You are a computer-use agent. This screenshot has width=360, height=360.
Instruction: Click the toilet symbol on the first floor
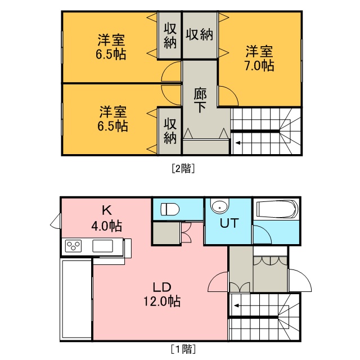pos(170,209)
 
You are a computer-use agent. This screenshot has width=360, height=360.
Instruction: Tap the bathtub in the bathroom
pos(277,209)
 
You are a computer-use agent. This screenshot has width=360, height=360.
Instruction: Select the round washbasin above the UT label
pos(220,206)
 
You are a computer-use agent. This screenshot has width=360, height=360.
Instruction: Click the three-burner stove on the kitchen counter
pos(73,246)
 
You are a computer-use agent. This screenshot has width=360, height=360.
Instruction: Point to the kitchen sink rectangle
pos(102,246)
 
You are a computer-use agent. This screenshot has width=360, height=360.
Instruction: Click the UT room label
pos(229,223)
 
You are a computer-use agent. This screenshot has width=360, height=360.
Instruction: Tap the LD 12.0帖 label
pos(162,295)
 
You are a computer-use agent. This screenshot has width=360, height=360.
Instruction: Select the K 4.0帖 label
pos(107,218)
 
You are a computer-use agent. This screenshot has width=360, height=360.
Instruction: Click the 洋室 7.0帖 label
pos(259,58)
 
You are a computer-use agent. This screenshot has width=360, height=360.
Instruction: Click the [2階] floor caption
pos(183,169)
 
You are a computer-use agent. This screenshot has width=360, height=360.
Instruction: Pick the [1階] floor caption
pos(183,349)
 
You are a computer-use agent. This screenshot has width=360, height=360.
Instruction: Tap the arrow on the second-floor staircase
pos(238,143)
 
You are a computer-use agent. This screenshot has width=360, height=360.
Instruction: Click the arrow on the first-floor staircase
pos(236,305)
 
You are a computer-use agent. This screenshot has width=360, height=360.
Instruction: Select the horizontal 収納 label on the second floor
pos(199,35)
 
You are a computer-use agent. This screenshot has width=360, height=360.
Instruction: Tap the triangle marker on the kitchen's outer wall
pos(56,221)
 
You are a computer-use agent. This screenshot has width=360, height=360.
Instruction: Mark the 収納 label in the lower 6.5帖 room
pos(170,131)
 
